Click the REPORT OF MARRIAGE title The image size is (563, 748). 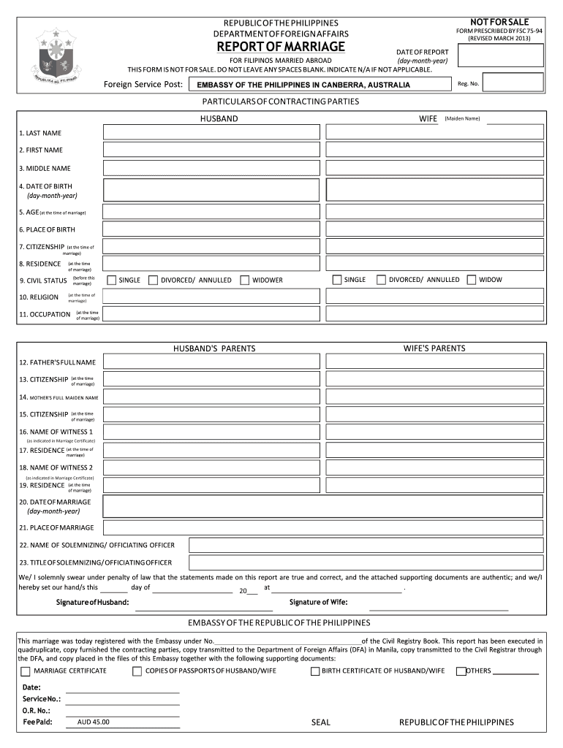[x=280, y=47]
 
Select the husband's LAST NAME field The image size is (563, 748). [x=211, y=132]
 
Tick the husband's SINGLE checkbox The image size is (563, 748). [x=112, y=280]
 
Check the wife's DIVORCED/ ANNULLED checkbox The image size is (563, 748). [x=382, y=280]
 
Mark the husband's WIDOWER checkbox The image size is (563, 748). [x=246, y=280]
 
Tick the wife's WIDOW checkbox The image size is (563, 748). [x=472, y=280]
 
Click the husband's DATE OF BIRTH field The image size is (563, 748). [x=211, y=190]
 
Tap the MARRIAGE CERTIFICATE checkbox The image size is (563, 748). [x=26, y=671]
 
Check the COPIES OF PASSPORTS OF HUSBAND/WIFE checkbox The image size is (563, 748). [x=137, y=671]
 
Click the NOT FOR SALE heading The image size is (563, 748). [x=499, y=22]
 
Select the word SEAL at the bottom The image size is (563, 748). [x=321, y=722]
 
